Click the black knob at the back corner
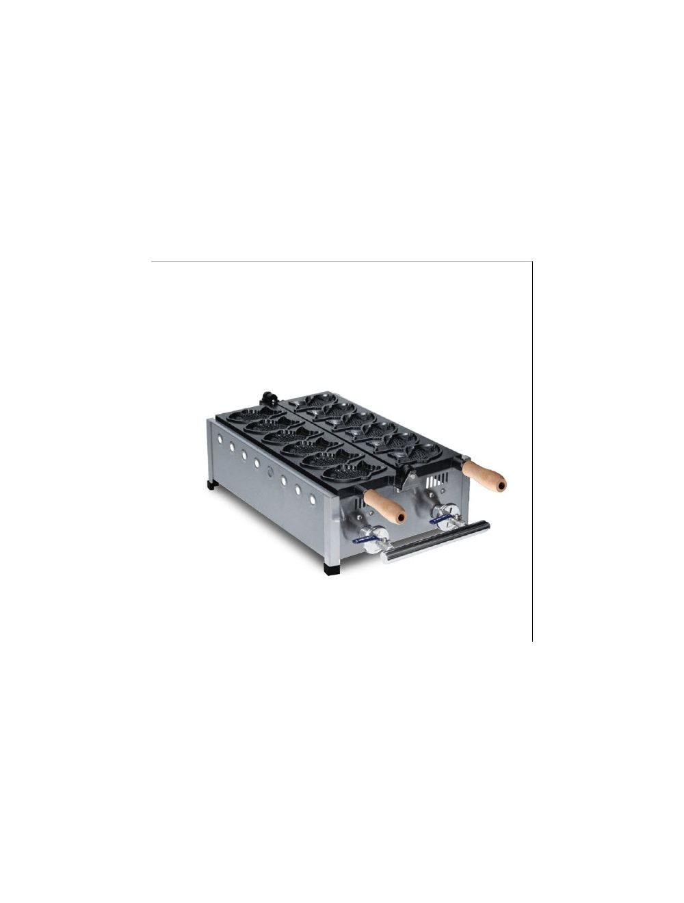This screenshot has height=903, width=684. (x=265, y=397)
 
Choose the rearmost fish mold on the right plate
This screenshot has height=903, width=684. (x=319, y=399)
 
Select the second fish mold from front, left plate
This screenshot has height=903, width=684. (x=324, y=460)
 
